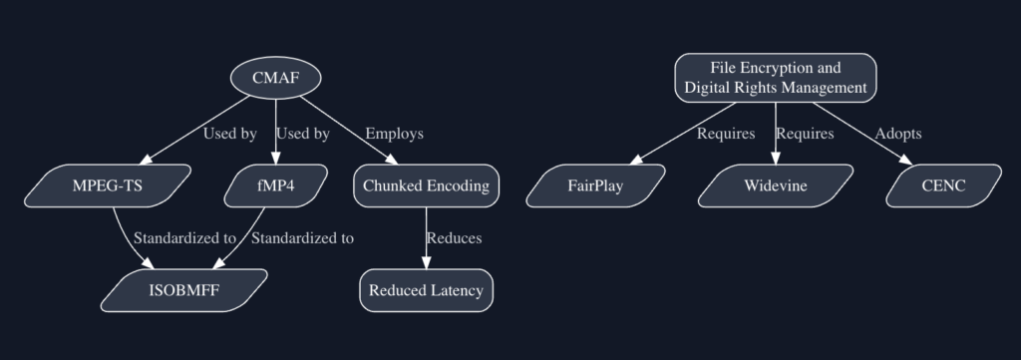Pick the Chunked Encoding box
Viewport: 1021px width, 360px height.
[426, 185]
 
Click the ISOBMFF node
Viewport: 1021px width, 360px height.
[184, 290]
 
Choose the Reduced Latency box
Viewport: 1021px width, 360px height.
[426, 290]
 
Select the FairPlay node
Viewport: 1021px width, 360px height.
[595, 185]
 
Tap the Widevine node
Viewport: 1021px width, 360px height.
[775, 185]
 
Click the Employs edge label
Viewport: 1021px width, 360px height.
[394, 134]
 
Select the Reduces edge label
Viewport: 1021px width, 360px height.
[454, 238]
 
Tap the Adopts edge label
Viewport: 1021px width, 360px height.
[897, 134]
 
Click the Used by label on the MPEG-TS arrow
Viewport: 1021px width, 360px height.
[229, 134]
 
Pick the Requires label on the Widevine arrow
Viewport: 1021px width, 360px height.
[805, 134]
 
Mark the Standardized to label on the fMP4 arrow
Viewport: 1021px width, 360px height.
[302, 238]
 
